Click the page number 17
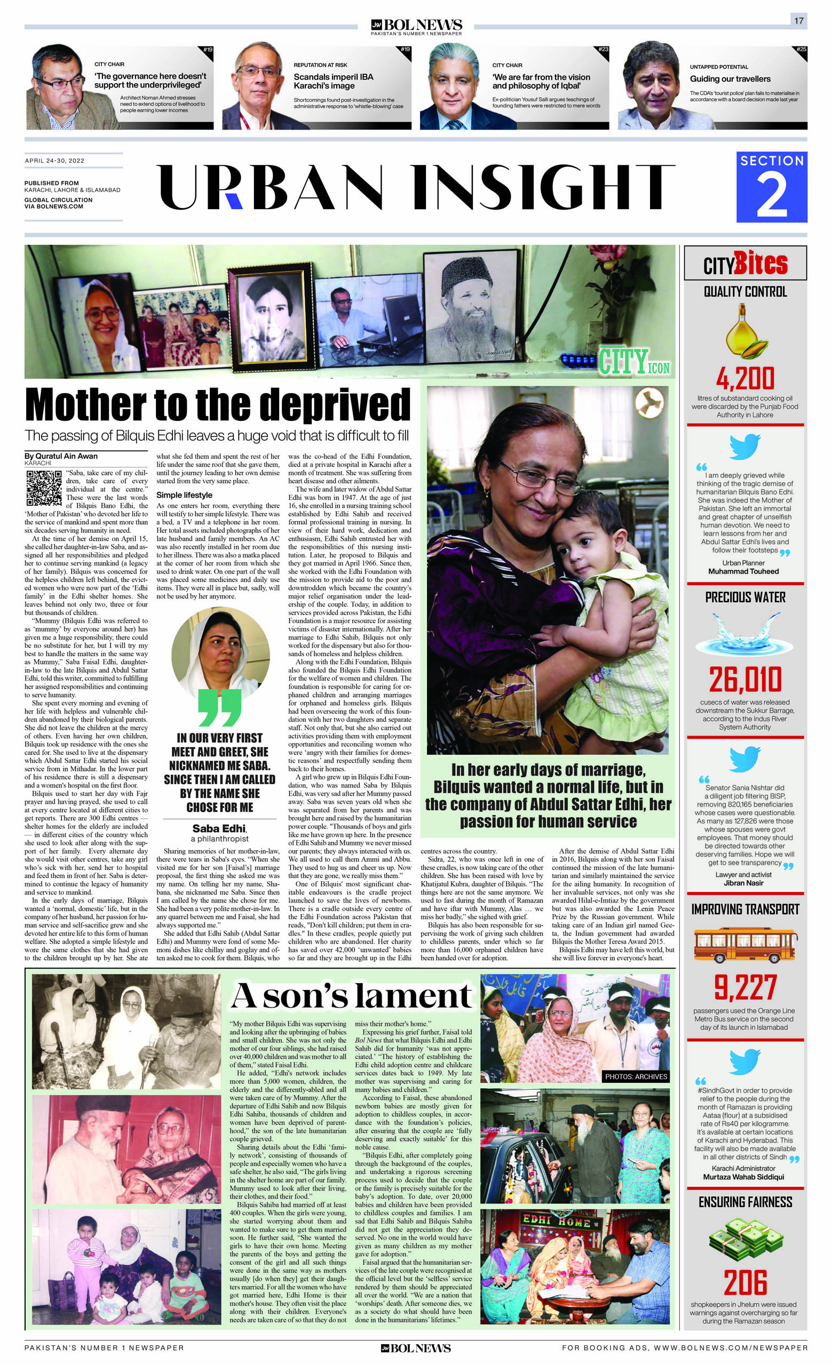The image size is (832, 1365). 798,20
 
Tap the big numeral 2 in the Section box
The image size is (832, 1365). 771,195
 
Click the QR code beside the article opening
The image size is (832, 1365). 44,488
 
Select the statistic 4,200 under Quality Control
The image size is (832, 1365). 744,379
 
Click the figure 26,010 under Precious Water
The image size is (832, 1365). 745,680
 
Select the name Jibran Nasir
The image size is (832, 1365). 743,883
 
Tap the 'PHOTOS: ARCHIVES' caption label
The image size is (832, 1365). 636,1076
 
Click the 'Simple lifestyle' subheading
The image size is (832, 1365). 184,494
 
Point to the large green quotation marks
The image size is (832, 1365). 219,708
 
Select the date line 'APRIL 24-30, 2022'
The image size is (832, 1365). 54,161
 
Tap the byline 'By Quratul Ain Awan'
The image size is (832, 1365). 61,456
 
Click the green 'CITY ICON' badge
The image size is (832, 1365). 633,362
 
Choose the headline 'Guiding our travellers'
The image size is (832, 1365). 730,78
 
